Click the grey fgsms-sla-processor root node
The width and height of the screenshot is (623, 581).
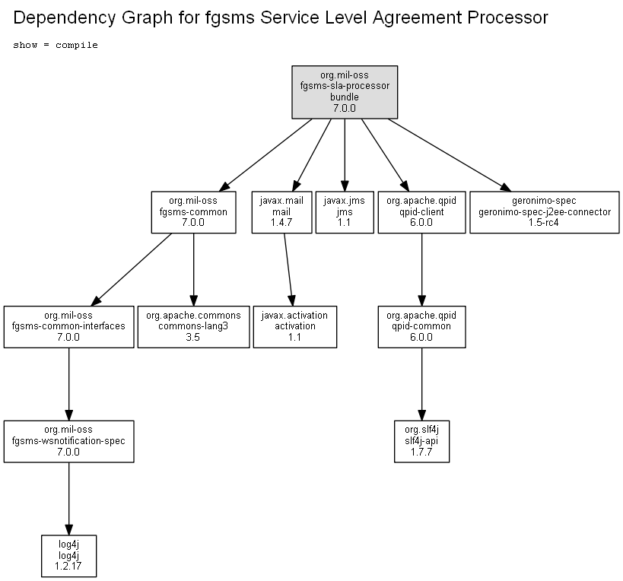[x=345, y=92]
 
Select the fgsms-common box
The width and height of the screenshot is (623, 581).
[x=193, y=212]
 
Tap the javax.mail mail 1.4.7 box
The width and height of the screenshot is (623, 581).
[x=281, y=212]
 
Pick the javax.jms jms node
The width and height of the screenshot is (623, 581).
[x=345, y=212]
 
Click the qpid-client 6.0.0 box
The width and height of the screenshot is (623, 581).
[x=421, y=212]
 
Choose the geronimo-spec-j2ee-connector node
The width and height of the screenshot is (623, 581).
[x=545, y=212]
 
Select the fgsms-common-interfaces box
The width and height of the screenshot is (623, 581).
[x=68, y=327]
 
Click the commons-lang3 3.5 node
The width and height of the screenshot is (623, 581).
[x=193, y=327]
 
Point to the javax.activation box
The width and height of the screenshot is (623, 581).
[x=295, y=327]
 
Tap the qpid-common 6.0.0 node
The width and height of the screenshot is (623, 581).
[x=421, y=327]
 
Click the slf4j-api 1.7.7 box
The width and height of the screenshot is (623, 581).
[x=421, y=441]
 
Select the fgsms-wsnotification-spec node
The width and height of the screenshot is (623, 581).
[x=68, y=441]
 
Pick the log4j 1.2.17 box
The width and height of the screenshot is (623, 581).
[x=68, y=556]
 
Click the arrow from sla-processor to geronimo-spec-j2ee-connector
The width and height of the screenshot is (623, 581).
[x=450, y=155]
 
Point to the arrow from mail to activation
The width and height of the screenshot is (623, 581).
[x=288, y=270]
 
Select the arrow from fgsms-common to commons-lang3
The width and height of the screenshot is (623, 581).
[x=193, y=270]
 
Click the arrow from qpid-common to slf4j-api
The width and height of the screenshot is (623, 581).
[x=421, y=385]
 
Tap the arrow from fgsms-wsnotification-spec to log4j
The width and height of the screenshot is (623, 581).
[x=68, y=499]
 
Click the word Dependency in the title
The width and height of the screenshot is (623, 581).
[x=65, y=18]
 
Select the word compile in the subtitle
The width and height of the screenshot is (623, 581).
[x=77, y=46]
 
